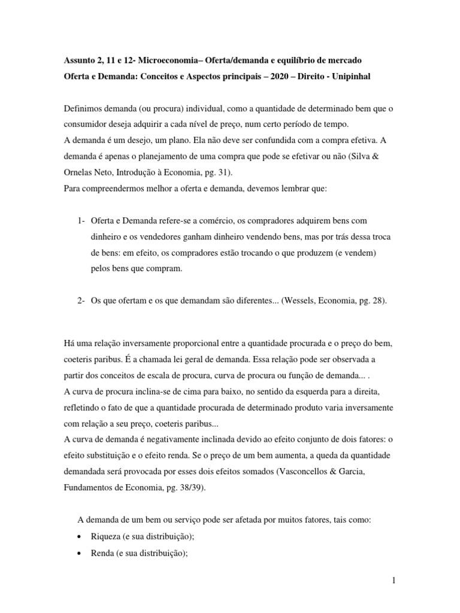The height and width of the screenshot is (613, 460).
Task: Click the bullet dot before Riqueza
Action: [81, 538]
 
